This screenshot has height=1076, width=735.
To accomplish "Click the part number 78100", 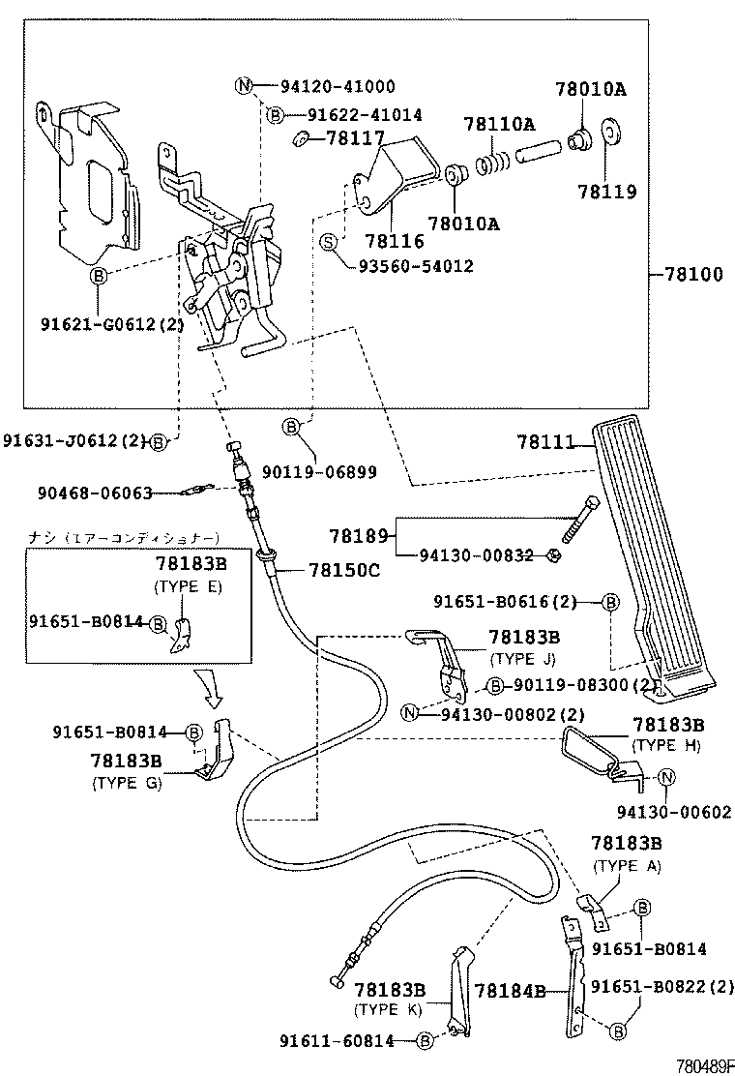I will tap(693, 275).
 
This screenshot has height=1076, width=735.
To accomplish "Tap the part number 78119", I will tap(607, 192).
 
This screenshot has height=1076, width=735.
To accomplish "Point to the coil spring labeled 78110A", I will tap(495, 156).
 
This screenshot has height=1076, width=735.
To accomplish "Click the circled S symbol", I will tap(329, 241).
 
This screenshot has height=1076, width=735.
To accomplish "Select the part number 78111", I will tap(544, 443).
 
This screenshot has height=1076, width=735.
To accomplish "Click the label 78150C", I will tap(343, 570).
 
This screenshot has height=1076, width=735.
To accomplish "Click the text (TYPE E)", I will tap(189, 586).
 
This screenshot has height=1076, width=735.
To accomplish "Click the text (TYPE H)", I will tap(666, 745).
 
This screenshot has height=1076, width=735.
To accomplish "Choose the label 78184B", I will tap(510, 990).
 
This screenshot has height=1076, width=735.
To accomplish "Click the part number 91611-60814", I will tap(338, 1041).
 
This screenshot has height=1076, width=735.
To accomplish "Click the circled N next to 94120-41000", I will tap(244, 86).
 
